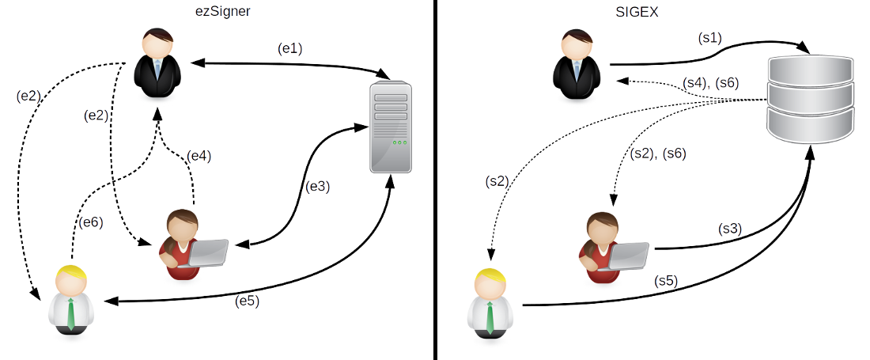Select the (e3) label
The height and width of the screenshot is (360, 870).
[317, 188]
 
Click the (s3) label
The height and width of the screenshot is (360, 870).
[729, 229]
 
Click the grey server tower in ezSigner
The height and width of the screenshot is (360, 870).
[391, 129]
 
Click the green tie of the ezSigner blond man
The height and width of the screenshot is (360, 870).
[71, 313]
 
